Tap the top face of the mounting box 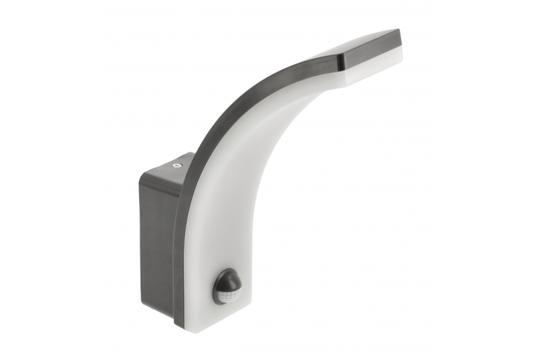(x=169, y=167)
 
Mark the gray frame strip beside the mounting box (x=180, y=236)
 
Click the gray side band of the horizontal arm (x=317, y=61)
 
